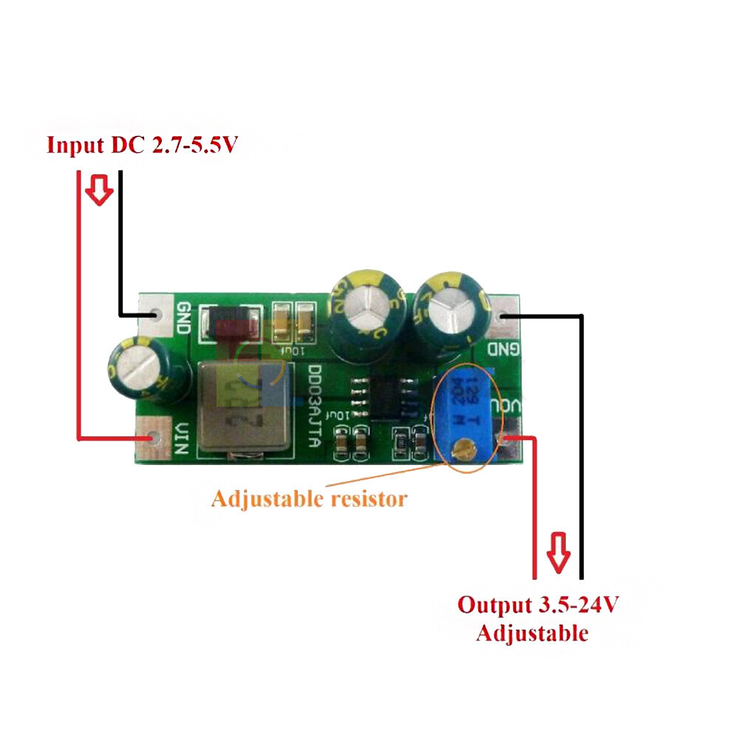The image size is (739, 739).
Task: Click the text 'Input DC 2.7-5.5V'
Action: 142,144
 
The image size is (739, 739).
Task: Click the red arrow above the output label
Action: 558,552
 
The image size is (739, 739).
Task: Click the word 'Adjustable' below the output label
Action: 532,633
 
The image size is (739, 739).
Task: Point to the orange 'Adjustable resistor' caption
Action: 308,499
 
